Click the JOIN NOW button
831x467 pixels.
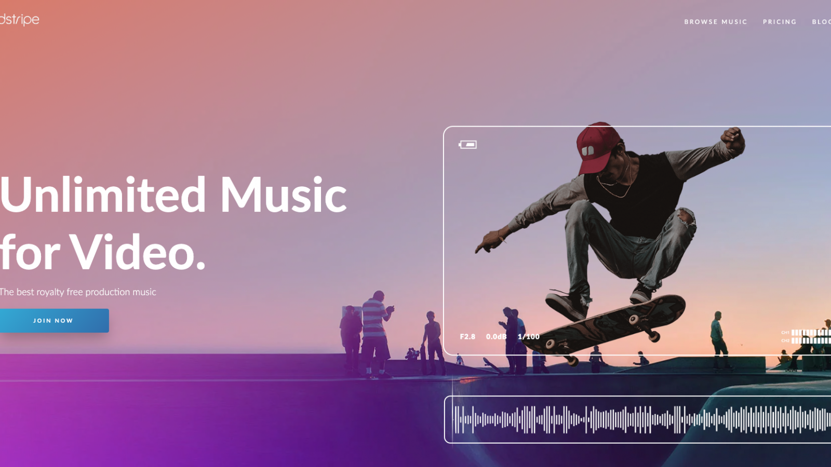[x=53, y=321]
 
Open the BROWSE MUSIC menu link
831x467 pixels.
[x=715, y=22]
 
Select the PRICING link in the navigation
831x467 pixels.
[x=779, y=22]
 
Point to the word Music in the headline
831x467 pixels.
[x=283, y=195]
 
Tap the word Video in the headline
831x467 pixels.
[x=137, y=253]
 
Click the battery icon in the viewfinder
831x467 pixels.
[x=468, y=145]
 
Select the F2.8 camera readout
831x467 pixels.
[x=467, y=337]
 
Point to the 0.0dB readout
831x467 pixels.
[x=496, y=337]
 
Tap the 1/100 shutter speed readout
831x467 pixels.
[x=529, y=337]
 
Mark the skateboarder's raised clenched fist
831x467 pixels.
[x=732, y=139]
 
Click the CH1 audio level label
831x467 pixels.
[x=785, y=333]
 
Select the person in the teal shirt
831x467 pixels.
[x=718, y=332]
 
